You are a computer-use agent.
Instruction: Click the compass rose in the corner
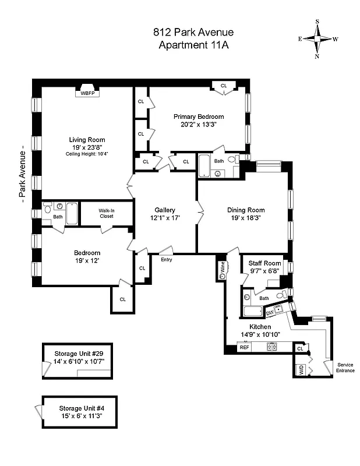click(x=318, y=39)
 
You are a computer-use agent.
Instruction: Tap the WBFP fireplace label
click(x=87, y=93)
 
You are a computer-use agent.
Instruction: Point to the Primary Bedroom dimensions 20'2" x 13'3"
click(x=199, y=124)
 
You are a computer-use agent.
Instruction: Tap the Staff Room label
click(x=265, y=263)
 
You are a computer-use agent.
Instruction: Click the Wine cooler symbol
click(x=223, y=270)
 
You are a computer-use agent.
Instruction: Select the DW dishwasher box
click(x=270, y=313)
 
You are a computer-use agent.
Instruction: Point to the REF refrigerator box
click(x=245, y=347)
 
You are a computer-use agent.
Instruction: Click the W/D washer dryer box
click(x=301, y=369)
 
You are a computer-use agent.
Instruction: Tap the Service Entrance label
click(x=345, y=368)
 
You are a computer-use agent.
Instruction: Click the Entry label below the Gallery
click(x=167, y=259)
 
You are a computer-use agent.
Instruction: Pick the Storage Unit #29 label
click(x=79, y=354)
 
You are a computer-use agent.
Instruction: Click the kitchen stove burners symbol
click(x=271, y=347)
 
